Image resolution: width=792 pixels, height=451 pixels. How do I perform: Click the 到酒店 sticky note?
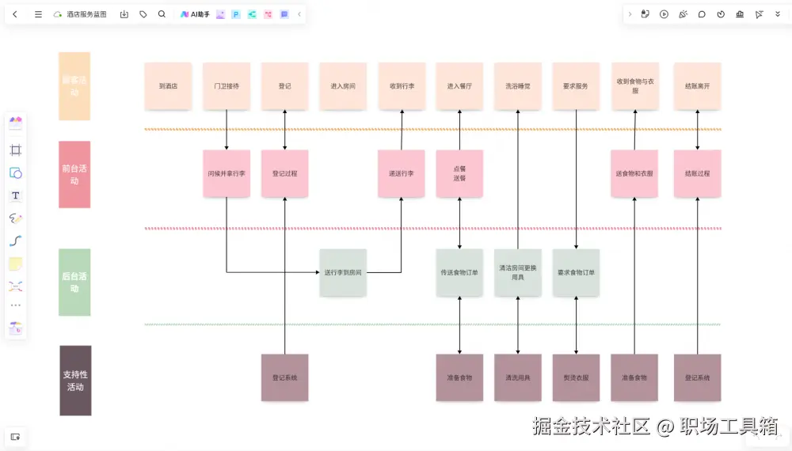[168, 85]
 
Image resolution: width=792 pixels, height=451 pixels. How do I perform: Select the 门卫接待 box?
[227, 85]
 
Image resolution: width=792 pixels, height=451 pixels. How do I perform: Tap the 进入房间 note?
[343, 85]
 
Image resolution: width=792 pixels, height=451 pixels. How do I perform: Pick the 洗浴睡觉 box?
[518, 85]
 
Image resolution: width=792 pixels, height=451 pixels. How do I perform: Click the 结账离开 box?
[697, 85]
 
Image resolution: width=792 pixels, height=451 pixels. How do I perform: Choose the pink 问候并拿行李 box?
[227, 173]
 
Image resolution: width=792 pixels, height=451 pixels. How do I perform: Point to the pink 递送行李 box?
[402, 173]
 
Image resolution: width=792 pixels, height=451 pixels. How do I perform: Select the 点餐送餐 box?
[459, 173]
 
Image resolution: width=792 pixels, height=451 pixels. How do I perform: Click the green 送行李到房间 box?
[343, 273]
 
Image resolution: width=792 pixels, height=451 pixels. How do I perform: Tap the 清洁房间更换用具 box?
[518, 273]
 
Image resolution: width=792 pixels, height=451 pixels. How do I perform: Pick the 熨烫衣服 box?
[576, 377]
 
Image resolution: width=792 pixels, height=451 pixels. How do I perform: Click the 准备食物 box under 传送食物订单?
[459, 377]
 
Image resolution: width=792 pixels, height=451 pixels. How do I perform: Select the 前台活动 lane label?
[74, 174]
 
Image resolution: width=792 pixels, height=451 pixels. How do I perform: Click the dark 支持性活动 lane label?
[75, 381]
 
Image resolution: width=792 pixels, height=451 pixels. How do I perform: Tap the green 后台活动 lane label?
[74, 282]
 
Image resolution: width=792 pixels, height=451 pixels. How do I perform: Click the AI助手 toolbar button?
[195, 14]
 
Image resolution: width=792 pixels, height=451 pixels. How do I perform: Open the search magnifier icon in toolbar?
[162, 14]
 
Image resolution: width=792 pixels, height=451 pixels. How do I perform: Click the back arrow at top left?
[15, 14]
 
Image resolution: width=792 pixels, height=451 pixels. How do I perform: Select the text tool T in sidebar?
[16, 195]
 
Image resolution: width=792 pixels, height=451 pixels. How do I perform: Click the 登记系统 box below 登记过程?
[284, 377]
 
